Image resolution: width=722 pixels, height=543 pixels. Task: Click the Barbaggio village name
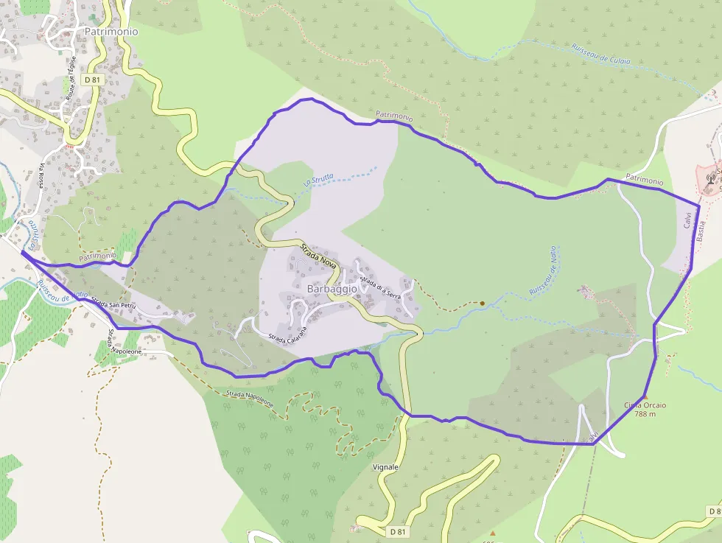[332, 290]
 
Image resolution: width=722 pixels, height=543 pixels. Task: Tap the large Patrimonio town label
[111, 32]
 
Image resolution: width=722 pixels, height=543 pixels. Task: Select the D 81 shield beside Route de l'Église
[91, 79]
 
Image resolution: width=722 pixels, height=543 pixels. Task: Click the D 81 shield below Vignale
[397, 531]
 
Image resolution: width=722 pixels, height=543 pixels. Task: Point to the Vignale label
[385, 467]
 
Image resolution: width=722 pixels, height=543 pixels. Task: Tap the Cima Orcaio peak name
[645, 405]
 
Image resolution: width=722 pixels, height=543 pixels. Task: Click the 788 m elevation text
[645, 414]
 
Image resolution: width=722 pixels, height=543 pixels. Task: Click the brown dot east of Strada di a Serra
[482, 303]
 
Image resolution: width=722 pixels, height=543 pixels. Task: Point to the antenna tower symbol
[712, 178]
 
